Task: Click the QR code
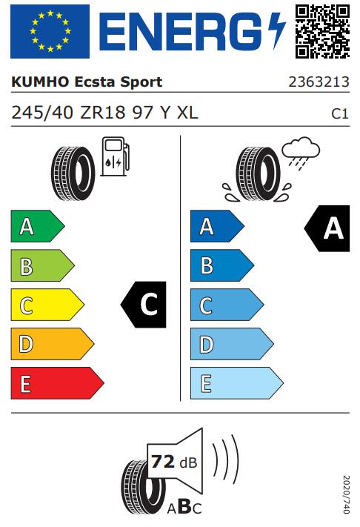[x=322, y=32]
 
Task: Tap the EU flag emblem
[x=50, y=32]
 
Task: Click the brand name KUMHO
[x=40, y=82]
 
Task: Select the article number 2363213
[x=319, y=82]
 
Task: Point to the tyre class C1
[x=340, y=113]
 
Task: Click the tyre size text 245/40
[x=42, y=113]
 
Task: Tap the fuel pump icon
[x=116, y=156]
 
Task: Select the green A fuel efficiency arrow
[x=38, y=226]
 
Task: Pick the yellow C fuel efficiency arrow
[x=47, y=305]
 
